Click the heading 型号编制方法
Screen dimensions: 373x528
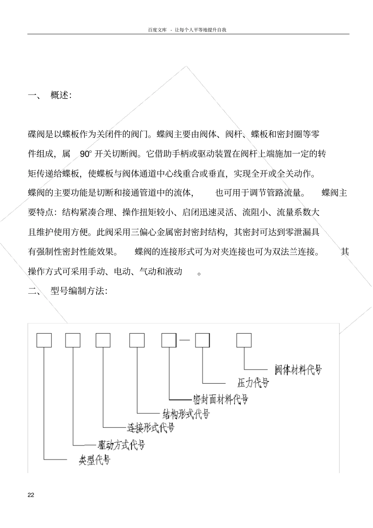coord(79,291)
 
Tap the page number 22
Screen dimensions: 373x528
coord(31,495)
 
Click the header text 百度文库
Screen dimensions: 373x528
coord(157,30)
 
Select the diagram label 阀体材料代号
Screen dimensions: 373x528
coord(298,370)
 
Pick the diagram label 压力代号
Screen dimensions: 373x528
coord(253,383)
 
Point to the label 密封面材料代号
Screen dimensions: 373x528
coord(221,400)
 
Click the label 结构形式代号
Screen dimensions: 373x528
coord(186,414)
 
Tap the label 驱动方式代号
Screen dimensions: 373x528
coord(121,445)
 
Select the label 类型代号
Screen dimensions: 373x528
coord(95,460)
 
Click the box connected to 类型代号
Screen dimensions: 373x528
coord(44,340)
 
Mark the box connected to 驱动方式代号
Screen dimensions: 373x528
coord(73,340)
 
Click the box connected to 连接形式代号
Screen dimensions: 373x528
coord(103,340)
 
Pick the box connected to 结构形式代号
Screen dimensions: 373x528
coord(137,340)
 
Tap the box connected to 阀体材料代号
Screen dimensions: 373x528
coord(244,340)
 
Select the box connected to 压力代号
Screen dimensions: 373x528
coord(203,340)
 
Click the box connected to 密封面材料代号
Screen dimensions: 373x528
coord(169,340)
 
